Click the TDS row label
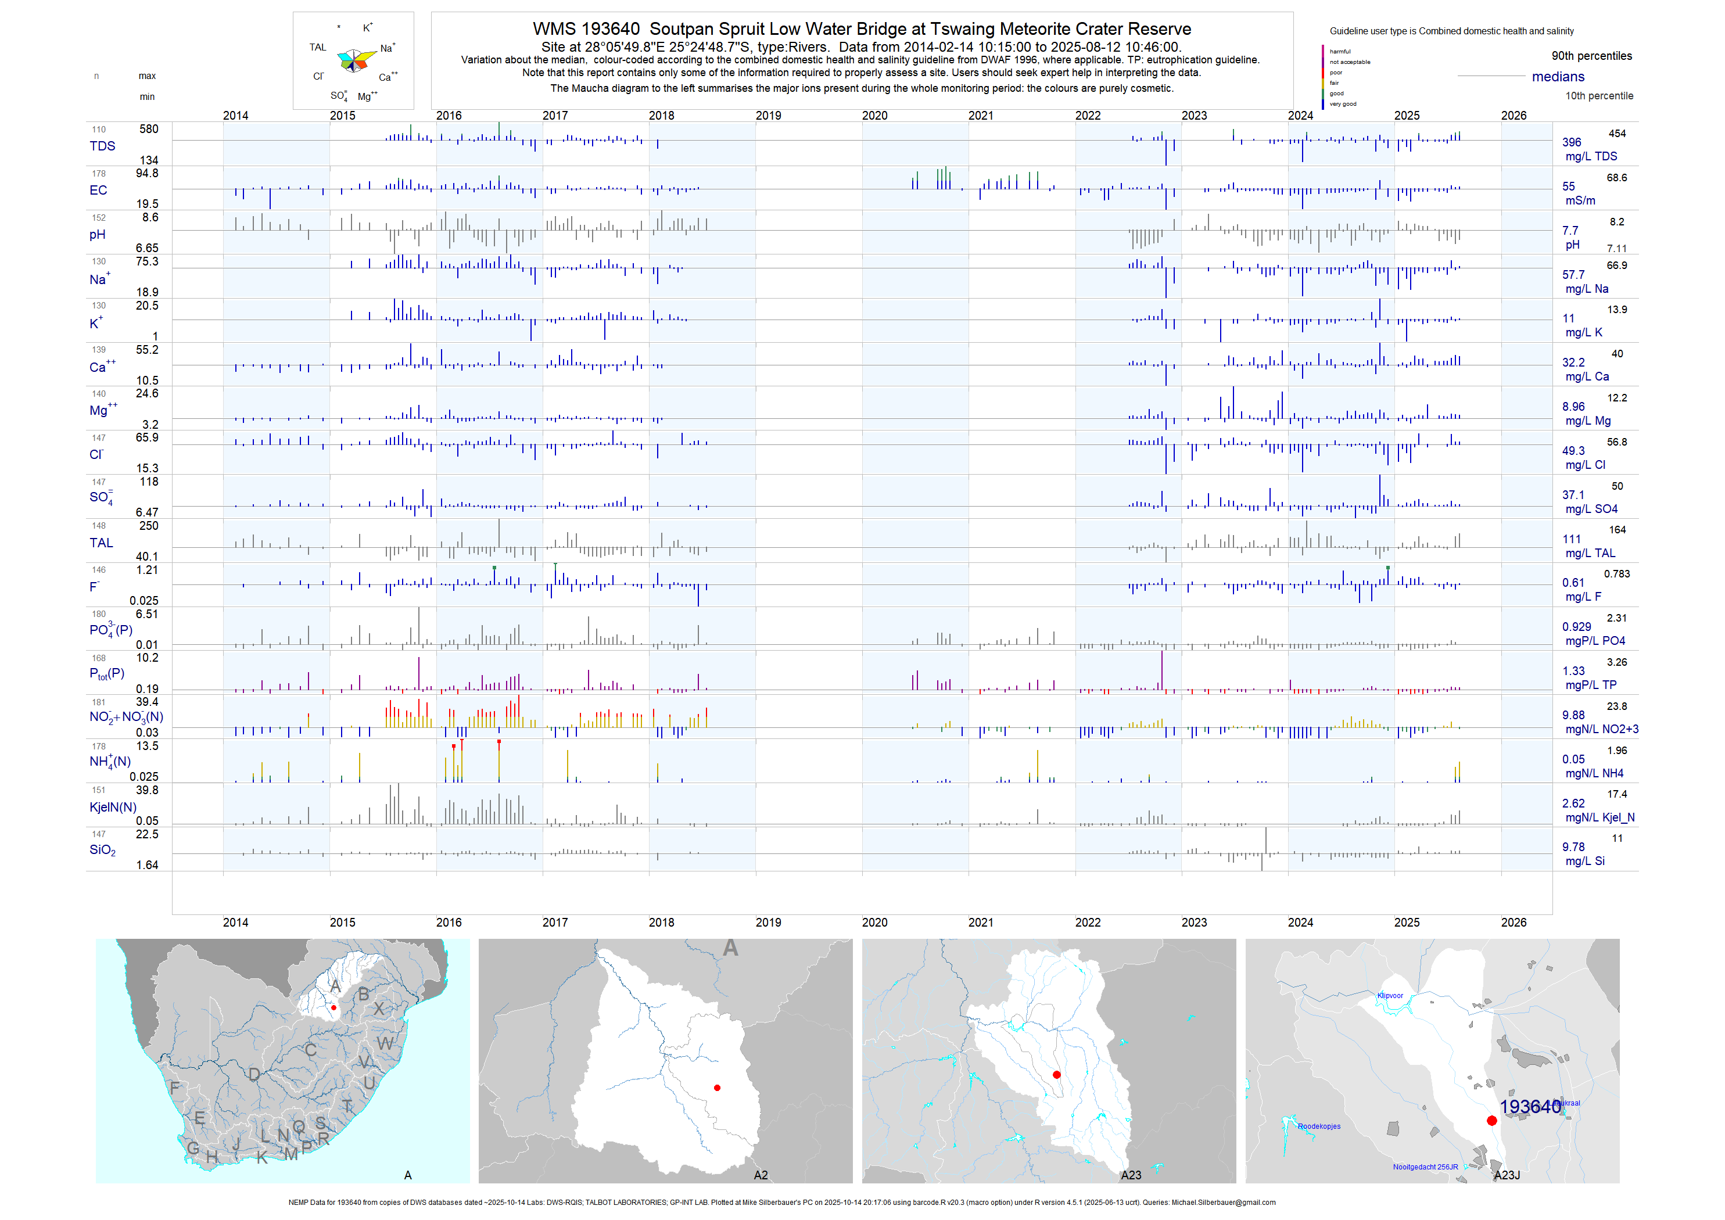(x=102, y=146)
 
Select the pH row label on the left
(x=98, y=234)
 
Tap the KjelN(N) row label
(x=113, y=808)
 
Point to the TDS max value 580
(x=149, y=129)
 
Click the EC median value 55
(x=1569, y=186)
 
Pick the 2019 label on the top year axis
(x=768, y=116)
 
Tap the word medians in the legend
(x=1558, y=77)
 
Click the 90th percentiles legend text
(x=1591, y=56)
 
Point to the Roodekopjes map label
(x=1318, y=1127)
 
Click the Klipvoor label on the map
(x=1390, y=996)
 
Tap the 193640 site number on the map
(x=1530, y=1107)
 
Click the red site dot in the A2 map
(x=718, y=1088)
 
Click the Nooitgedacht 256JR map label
(x=1425, y=1167)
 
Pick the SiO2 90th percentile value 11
(x=1617, y=838)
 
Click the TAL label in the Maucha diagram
(x=318, y=47)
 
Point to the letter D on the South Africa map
(x=254, y=1075)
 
